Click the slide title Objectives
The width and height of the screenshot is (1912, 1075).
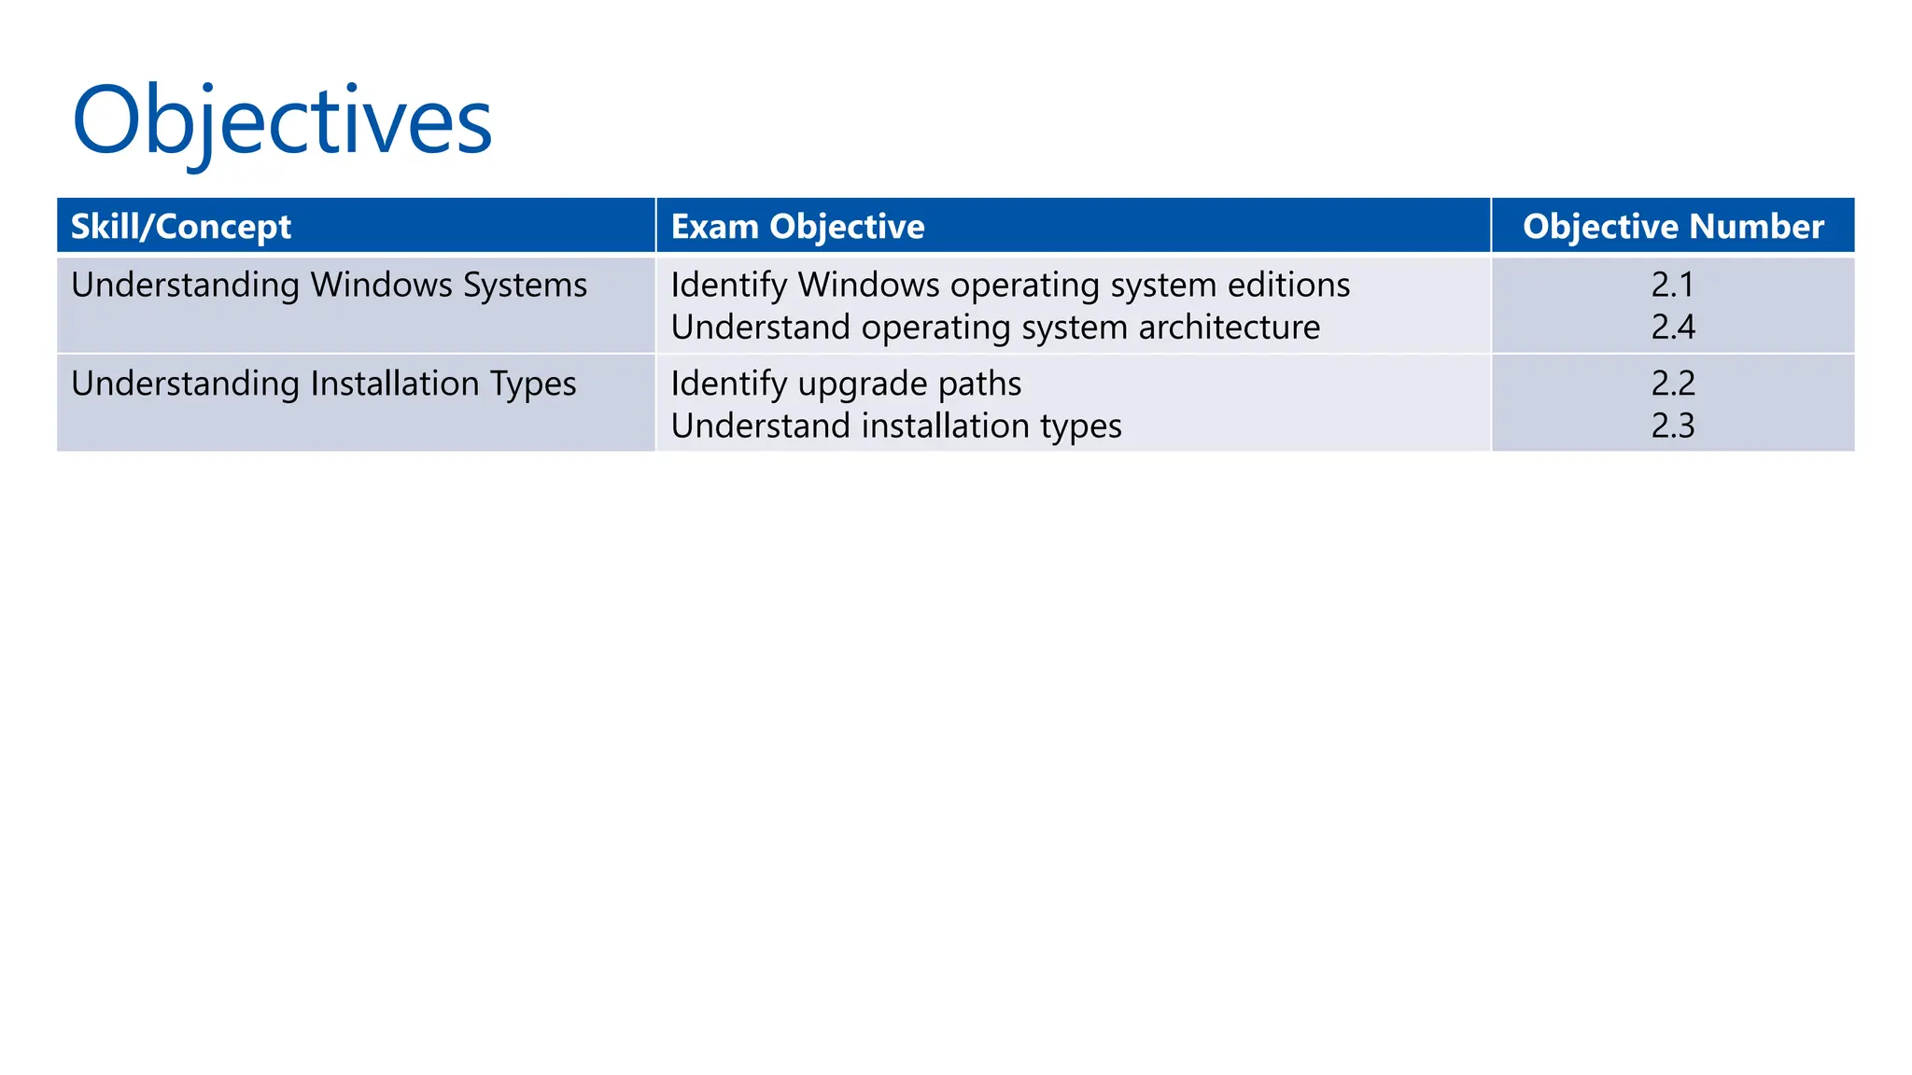[x=282, y=121]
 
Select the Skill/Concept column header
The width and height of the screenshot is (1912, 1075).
[x=181, y=227]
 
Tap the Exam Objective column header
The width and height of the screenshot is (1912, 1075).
[x=797, y=227]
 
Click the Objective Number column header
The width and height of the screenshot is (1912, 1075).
[x=1673, y=227]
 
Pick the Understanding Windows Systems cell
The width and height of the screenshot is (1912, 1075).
[x=329, y=285]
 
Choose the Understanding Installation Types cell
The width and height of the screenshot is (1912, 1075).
[x=323, y=384]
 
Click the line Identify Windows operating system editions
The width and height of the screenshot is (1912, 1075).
[x=1010, y=285]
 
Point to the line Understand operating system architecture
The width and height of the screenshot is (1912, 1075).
[x=995, y=328]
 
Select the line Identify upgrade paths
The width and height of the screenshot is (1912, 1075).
[x=846, y=384]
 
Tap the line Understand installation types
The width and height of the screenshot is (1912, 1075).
[x=896, y=426]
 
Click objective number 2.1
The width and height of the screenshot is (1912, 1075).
[x=1673, y=285]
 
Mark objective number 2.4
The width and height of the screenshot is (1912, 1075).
[x=1673, y=328]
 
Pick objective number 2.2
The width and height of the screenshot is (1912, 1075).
[x=1673, y=384]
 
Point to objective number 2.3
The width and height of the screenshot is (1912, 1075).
[x=1673, y=426]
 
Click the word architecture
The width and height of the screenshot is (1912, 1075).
[x=1230, y=328]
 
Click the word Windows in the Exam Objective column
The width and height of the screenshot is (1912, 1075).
[x=868, y=285]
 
